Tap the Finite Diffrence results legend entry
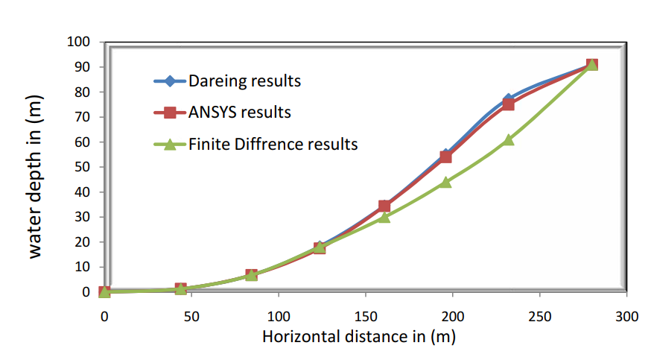(x=273, y=144)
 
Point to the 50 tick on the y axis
(x=83, y=167)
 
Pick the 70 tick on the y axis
(x=83, y=117)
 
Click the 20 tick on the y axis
(x=83, y=242)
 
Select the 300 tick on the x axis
(x=627, y=315)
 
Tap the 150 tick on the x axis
(x=366, y=315)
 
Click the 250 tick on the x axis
(x=540, y=315)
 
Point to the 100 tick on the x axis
(x=279, y=315)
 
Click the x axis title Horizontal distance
(x=358, y=336)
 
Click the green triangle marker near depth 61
(x=508, y=139)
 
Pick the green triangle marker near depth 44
(x=445, y=182)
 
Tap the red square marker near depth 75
(x=508, y=104)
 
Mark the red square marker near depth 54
(x=445, y=157)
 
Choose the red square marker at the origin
(x=105, y=292)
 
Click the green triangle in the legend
(x=170, y=144)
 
